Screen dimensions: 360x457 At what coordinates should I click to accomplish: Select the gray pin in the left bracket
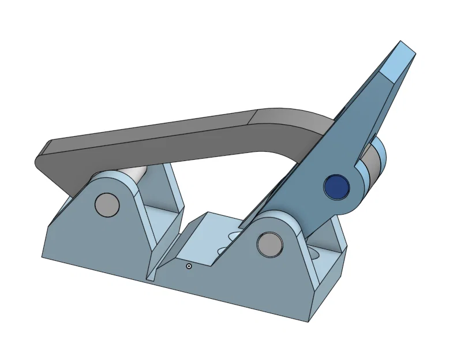(107, 204)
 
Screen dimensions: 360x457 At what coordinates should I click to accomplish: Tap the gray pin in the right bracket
(269, 243)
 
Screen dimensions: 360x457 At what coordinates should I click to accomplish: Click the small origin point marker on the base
(189, 267)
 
